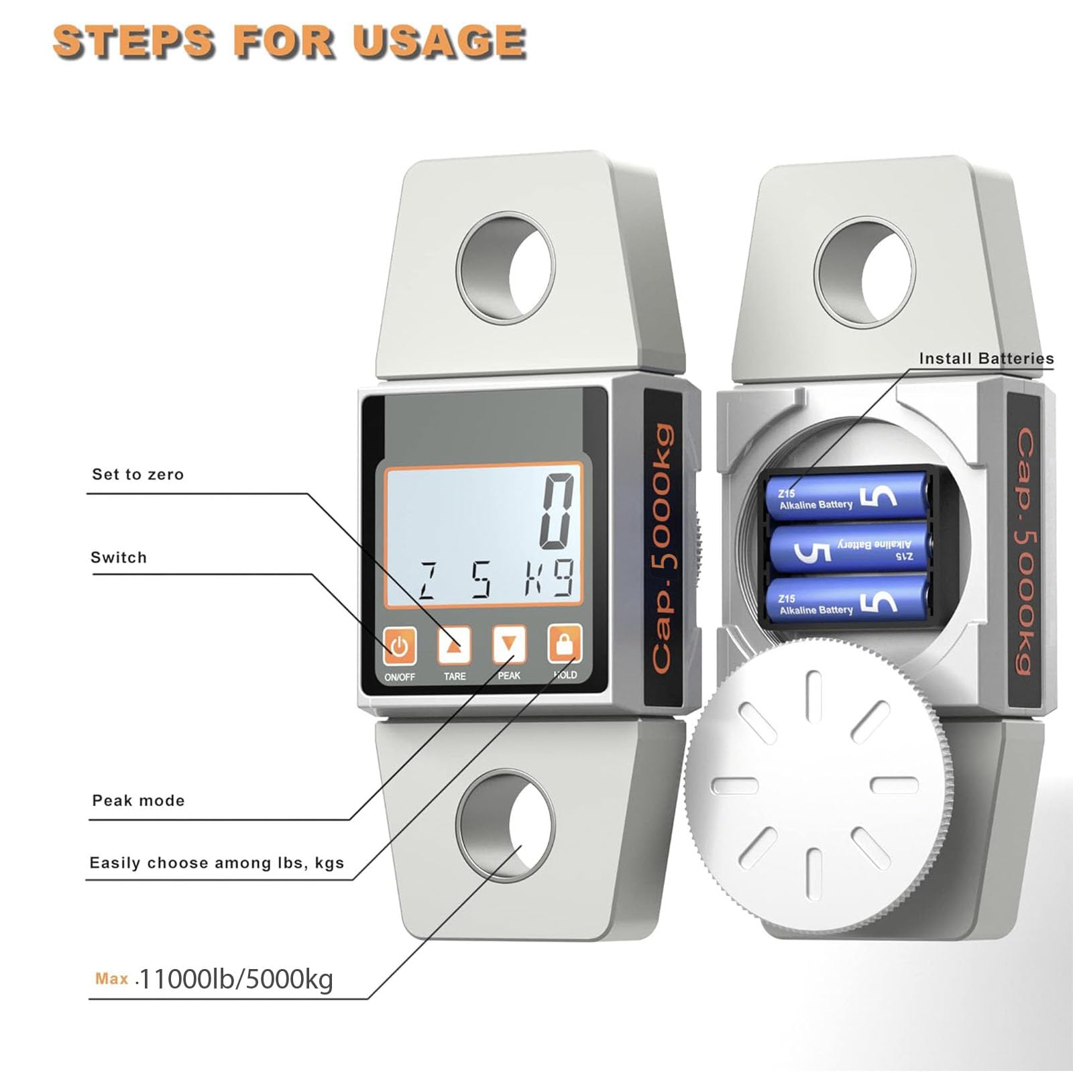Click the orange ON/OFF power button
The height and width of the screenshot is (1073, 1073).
coord(400,645)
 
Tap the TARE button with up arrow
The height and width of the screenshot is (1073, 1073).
coord(454,645)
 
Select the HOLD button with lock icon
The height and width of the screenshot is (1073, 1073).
coord(565,644)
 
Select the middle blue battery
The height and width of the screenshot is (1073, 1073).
coord(848,550)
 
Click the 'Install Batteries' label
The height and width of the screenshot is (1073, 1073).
coord(986,359)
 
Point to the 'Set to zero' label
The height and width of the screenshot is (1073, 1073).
coord(137,475)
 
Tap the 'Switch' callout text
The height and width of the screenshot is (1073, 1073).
coord(119,558)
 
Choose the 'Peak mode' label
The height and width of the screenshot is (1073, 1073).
coord(138,801)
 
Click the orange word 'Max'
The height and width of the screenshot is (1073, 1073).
coord(111,978)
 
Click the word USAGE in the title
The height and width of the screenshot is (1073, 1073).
coord(439,42)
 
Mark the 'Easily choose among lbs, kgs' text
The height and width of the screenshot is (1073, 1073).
coord(217,863)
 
